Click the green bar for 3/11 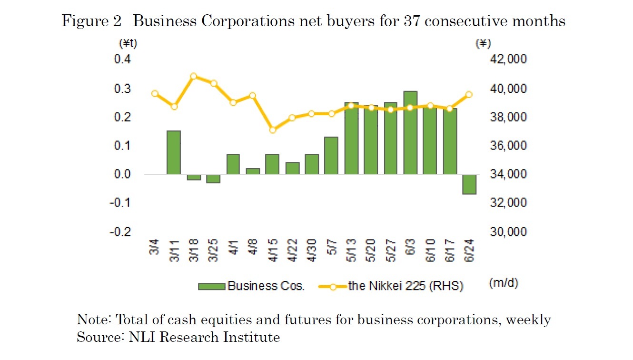pyautogui.click(x=174, y=152)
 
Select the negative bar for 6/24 pyautogui.click(x=469, y=184)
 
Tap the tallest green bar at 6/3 pyautogui.click(x=410, y=132)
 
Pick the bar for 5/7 pyautogui.click(x=331, y=155)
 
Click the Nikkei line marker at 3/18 pyautogui.click(x=193, y=76)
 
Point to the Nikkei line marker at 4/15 pyautogui.click(x=272, y=130)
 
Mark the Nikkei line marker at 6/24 pyautogui.click(x=469, y=94)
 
